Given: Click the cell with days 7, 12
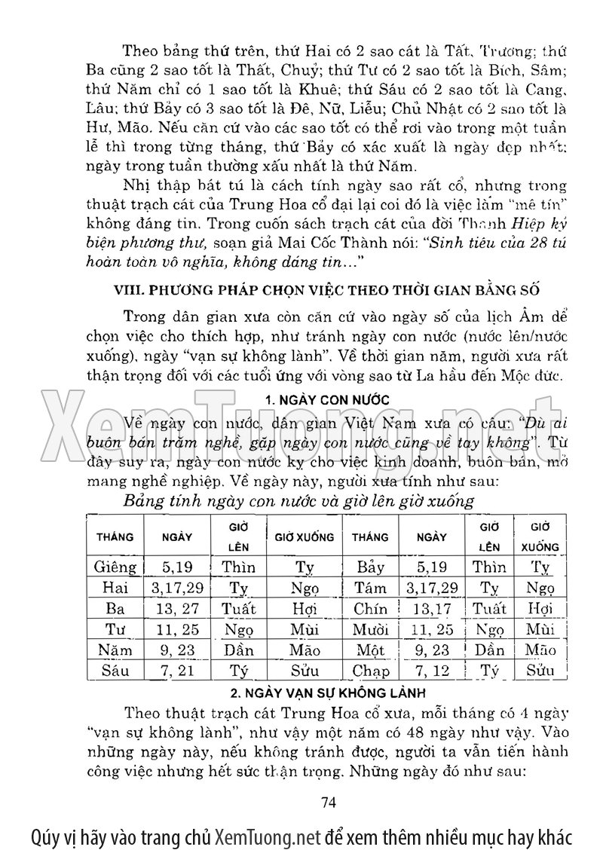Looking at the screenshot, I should pyautogui.click(x=432, y=670).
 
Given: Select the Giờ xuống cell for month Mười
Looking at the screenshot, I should pyautogui.click(x=540, y=629).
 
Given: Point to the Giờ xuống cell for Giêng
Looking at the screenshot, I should pyautogui.click(x=304, y=567).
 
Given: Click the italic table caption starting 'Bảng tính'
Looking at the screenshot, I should pyautogui.click(x=298, y=500).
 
